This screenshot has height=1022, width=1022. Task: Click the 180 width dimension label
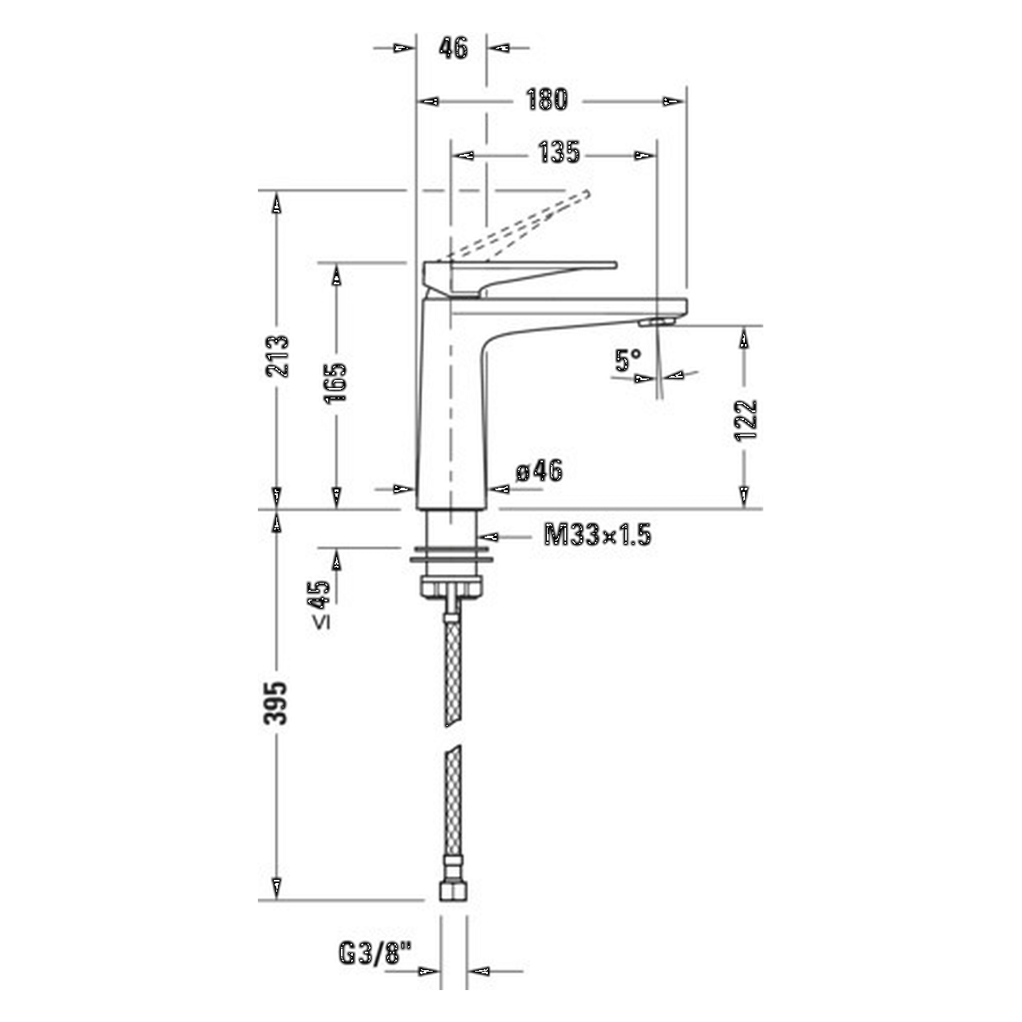(547, 101)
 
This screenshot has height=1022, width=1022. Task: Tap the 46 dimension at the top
(453, 48)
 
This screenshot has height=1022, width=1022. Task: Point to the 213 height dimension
(277, 356)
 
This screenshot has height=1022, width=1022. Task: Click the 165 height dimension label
(336, 382)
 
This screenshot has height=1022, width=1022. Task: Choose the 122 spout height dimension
(745, 419)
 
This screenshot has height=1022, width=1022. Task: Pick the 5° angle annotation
(628, 360)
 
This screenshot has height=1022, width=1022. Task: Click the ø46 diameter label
(539, 471)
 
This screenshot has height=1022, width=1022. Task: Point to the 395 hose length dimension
(277, 703)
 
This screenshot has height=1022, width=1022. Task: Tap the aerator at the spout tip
(656, 321)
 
